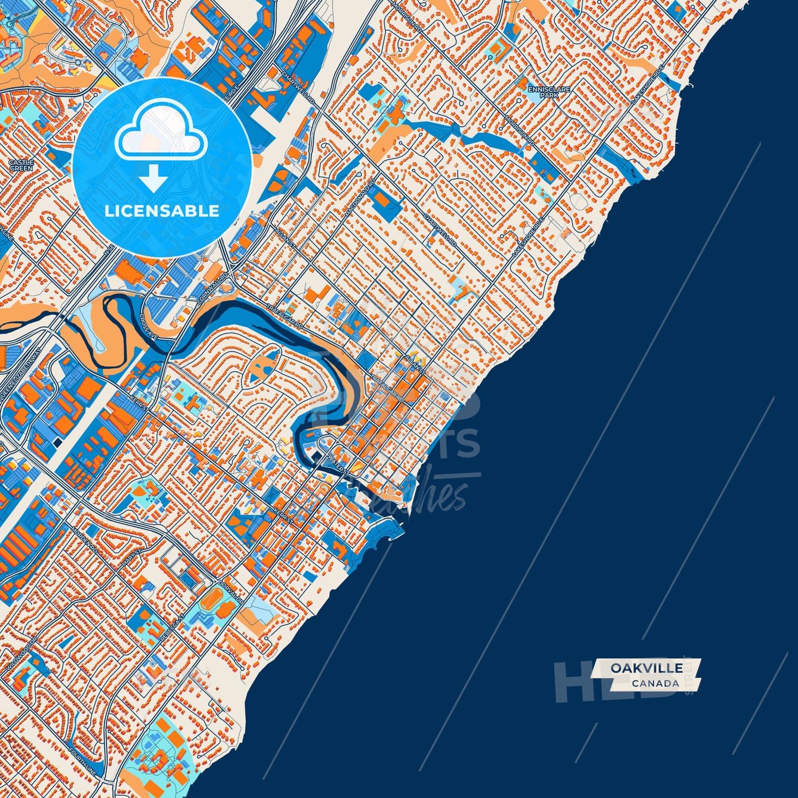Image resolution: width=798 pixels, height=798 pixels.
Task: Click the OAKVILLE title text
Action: [646, 668]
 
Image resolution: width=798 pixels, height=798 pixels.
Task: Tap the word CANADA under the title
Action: [656, 684]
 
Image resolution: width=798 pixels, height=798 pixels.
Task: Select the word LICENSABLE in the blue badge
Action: [162, 211]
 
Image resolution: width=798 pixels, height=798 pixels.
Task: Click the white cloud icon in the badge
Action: [161, 136]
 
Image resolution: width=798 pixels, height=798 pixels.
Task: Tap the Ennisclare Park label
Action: [548, 92]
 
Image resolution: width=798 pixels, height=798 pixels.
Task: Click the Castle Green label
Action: [21, 165]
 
